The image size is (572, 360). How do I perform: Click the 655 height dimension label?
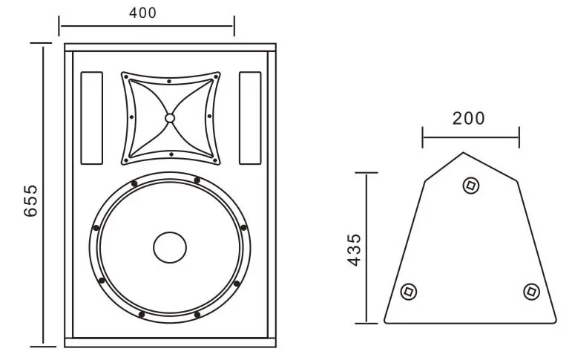[x=30, y=200]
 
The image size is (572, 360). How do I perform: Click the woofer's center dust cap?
[x=170, y=247]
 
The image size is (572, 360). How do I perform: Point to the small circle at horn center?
[x=170, y=118]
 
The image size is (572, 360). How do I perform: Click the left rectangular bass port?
[x=91, y=119]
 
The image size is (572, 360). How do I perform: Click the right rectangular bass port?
[x=250, y=119]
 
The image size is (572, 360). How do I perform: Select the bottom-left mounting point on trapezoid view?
[x=407, y=292]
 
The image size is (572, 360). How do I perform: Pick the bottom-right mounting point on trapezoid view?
[x=530, y=292]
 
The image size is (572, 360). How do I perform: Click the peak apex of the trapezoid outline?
[x=464, y=153]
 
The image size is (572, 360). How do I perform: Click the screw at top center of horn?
[x=169, y=80]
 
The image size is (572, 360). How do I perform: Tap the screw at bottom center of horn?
[x=171, y=154]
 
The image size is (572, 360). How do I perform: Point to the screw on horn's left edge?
[x=131, y=117]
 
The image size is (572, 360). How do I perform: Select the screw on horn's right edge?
[x=209, y=116]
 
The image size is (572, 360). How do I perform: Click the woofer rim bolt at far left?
[x=96, y=228]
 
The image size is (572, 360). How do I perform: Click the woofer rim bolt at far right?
[x=243, y=228]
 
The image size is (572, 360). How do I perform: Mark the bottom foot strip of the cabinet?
[x=170, y=343]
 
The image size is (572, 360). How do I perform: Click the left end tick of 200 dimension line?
[x=423, y=137]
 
